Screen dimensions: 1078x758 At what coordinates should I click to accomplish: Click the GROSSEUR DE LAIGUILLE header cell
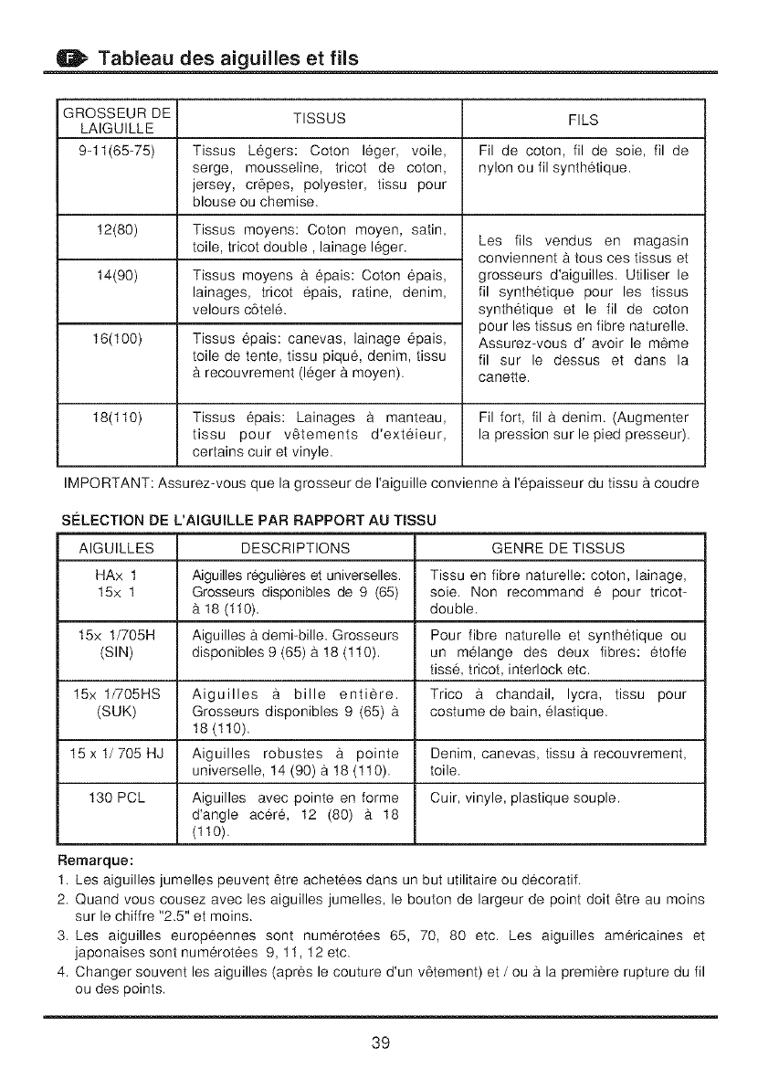116,118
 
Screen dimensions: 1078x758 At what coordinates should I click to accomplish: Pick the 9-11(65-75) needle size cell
116,150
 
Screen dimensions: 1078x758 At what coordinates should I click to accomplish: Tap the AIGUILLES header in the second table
116,548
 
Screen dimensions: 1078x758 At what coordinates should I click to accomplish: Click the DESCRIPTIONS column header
295,548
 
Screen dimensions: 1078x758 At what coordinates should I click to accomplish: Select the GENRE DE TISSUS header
558,548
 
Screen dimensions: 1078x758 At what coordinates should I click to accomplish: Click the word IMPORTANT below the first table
98,481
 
